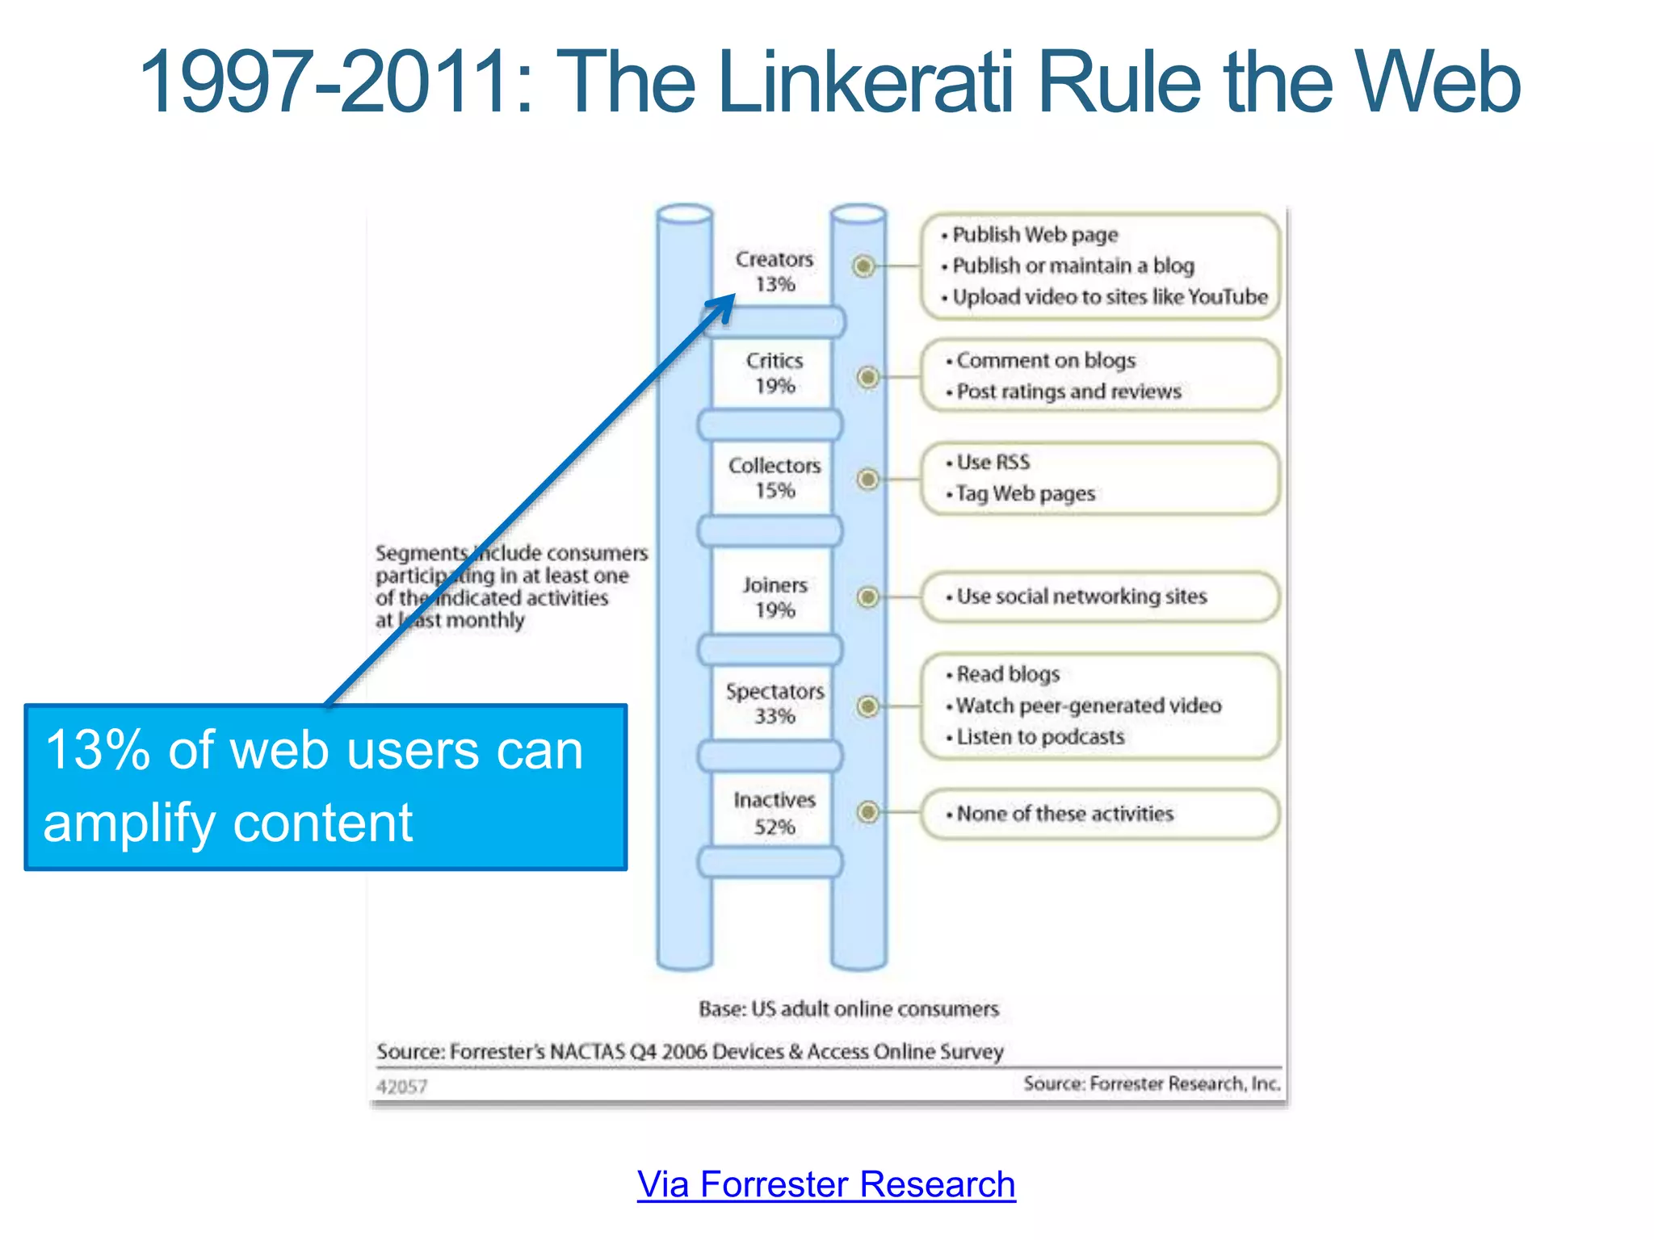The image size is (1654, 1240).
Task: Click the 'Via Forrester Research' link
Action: click(825, 1185)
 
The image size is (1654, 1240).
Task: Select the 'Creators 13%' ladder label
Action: click(775, 271)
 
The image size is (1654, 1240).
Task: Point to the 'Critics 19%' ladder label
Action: click(775, 373)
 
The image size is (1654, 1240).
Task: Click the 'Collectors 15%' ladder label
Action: click(775, 477)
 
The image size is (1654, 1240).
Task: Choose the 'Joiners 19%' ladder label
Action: click(775, 597)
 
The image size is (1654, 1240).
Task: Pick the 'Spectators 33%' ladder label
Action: click(775, 703)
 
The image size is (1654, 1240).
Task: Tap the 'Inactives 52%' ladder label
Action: click(775, 813)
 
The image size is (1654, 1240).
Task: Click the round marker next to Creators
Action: click(864, 266)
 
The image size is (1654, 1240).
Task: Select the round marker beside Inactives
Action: click(868, 812)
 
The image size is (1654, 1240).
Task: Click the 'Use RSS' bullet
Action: click(993, 463)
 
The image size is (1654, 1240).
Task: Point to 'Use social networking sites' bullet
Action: click(1081, 597)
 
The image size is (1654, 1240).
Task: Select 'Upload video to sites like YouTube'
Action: click(1110, 297)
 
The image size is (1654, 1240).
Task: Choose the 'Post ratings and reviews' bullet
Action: click(1068, 392)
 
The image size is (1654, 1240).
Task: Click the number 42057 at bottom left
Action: click(401, 1087)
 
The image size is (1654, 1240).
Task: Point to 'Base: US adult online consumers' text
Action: click(848, 1009)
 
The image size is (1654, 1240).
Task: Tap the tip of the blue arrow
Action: click(733, 296)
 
